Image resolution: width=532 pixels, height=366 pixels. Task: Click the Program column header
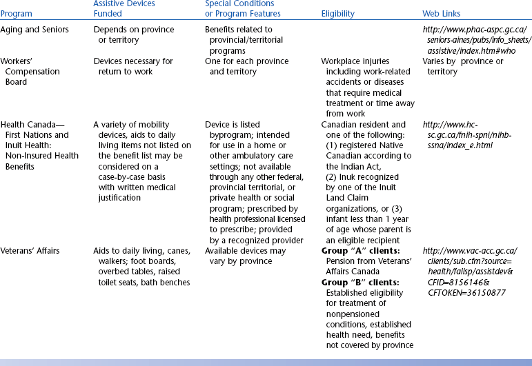click(17, 14)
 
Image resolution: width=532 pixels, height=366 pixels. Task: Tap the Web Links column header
click(442, 14)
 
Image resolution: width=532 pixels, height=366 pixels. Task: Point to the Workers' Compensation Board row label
click(31, 72)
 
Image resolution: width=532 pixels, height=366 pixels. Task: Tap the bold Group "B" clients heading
click(362, 282)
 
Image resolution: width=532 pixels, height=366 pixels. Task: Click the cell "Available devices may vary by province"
click(245, 256)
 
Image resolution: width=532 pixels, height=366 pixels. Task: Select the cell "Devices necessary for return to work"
click(133, 66)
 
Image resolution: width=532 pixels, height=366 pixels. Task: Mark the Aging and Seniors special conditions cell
click(242, 40)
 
